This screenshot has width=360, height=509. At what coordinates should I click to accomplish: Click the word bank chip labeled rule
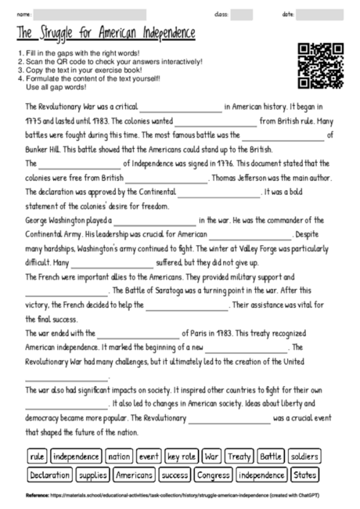pos(37,456)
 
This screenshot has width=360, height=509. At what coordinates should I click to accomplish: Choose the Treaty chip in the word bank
pos(238,456)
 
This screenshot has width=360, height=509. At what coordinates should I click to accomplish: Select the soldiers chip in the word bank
pos(304,456)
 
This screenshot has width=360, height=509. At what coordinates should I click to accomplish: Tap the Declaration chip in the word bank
pos(50,475)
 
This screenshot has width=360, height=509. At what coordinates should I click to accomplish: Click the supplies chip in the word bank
pos(93,475)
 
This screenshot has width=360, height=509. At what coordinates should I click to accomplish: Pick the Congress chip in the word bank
pos(213,475)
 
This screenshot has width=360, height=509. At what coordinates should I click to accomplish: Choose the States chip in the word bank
pos(305,475)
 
